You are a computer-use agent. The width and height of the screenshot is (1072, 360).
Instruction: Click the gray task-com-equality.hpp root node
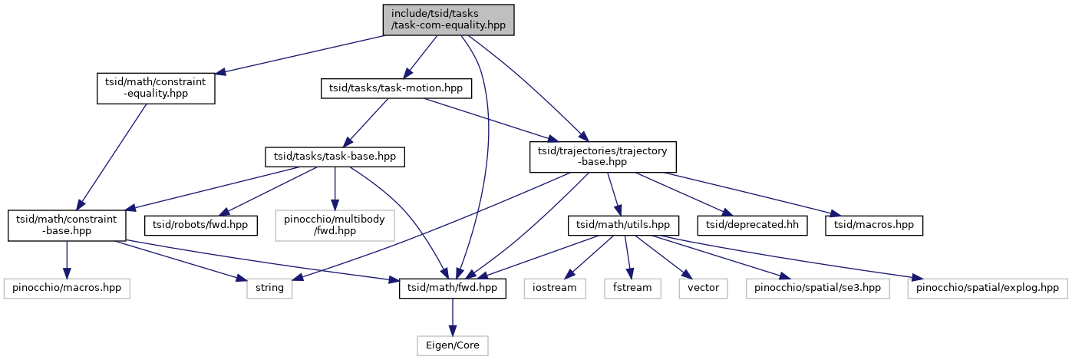tap(448, 20)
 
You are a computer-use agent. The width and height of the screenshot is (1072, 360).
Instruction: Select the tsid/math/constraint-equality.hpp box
tap(156, 88)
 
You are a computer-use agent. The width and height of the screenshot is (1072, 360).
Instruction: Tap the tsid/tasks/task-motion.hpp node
tap(396, 88)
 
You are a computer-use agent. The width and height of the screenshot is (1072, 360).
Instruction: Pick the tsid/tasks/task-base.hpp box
tap(335, 157)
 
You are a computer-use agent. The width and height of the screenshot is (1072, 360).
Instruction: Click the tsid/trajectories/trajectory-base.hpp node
tap(602, 157)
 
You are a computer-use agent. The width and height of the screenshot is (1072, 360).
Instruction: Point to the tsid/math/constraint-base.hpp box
tap(67, 226)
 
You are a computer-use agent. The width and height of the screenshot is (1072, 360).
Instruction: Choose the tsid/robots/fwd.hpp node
tap(200, 226)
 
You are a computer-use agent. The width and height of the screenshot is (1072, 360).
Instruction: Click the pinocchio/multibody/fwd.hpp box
tap(335, 226)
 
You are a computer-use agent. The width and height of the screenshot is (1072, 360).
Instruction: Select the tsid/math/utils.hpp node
tap(623, 226)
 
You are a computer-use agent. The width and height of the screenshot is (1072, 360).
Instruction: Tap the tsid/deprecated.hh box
tap(752, 226)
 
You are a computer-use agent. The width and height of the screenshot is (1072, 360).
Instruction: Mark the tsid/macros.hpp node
tap(874, 226)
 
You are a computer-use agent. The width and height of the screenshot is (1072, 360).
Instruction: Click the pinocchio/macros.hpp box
tap(67, 288)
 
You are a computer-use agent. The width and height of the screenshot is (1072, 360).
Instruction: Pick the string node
tap(269, 288)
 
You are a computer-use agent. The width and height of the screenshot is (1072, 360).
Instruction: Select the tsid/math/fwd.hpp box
tap(452, 288)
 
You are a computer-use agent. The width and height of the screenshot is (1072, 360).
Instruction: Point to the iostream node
tap(555, 288)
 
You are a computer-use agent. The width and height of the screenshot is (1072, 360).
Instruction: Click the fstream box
tap(632, 288)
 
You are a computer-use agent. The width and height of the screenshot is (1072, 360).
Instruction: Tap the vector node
tap(703, 288)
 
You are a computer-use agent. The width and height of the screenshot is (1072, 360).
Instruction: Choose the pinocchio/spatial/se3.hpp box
tap(817, 288)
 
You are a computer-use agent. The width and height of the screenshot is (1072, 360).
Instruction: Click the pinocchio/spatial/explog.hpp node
tap(988, 288)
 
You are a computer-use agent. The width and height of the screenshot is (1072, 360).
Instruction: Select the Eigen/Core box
tap(452, 345)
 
